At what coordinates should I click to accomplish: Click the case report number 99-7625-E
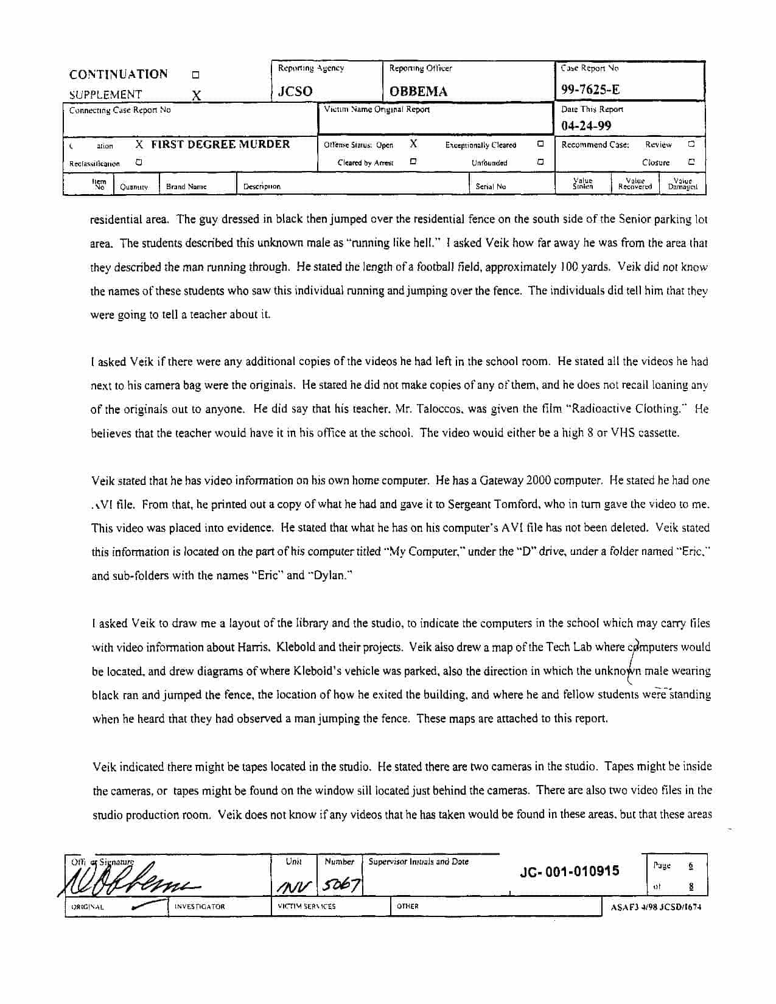(x=590, y=89)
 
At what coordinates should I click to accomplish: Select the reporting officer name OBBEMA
(x=418, y=91)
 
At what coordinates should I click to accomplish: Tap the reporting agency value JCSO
(x=295, y=91)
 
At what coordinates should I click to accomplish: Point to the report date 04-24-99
(x=586, y=126)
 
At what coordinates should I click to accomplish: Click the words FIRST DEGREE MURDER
(x=220, y=144)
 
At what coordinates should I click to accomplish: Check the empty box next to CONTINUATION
(x=195, y=75)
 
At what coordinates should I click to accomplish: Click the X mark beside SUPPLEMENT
(x=196, y=95)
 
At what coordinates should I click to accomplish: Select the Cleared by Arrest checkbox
(x=413, y=162)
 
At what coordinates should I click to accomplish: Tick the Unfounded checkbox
(x=540, y=162)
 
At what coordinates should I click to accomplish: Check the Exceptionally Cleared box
(x=540, y=145)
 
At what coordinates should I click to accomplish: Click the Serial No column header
(x=491, y=186)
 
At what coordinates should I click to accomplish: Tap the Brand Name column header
(x=186, y=186)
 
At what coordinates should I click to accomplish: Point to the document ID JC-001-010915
(x=570, y=871)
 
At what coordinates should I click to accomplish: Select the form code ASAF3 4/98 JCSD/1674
(x=655, y=907)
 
